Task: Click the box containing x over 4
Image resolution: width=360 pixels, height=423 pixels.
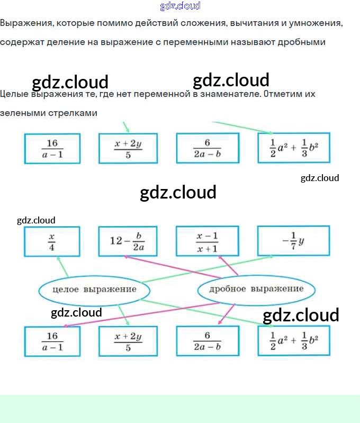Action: pos(52,241)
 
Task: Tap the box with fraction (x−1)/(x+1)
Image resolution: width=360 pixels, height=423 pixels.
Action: pos(207,241)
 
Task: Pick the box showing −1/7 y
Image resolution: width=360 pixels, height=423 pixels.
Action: pos(293,241)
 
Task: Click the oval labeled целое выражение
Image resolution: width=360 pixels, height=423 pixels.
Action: pos(94,290)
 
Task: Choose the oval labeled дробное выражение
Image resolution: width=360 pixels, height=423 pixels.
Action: pos(256,289)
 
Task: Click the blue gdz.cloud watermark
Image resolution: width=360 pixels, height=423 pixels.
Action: pos(180,6)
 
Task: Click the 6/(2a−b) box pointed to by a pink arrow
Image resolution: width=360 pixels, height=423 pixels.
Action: pos(207,340)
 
